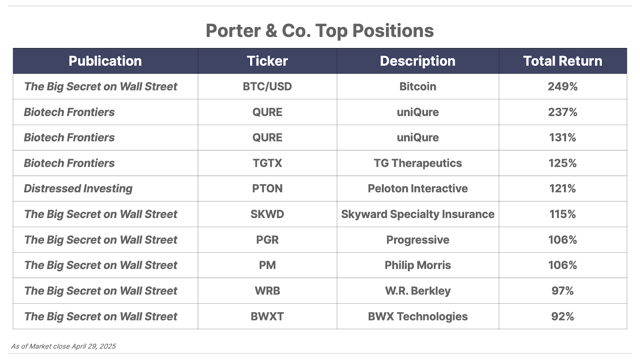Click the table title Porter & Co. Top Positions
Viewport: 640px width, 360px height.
320,30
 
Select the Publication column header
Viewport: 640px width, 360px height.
105,61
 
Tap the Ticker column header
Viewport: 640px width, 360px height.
267,61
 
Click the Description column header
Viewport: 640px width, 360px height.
418,61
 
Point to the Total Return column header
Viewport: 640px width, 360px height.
562,61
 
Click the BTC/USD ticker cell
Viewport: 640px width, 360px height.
267,86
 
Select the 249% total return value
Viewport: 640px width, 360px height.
562,86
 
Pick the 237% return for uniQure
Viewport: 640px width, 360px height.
562,112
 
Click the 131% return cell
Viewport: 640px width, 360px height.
562,138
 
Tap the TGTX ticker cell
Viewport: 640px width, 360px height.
267,163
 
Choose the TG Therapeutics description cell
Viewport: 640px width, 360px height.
418,163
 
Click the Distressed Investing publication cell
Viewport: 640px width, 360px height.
78,188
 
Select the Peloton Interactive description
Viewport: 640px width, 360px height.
418,188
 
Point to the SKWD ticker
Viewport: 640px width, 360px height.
267,214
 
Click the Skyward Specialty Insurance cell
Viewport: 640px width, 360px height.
418,214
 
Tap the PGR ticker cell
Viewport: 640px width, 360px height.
267,240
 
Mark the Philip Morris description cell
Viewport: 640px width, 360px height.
418,265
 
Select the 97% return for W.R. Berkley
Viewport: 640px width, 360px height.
562,291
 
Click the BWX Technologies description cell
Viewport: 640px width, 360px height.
418,316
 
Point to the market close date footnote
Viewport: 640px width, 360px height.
64,346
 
